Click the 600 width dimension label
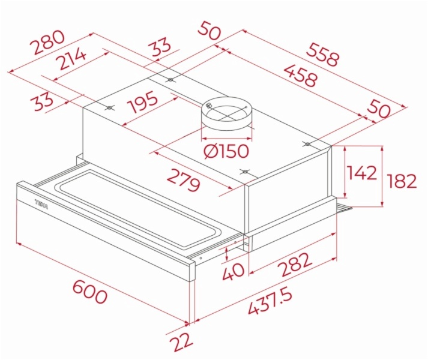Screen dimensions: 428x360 pyautogui.click(x=89, y=292)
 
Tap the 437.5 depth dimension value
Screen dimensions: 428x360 pyautogui.click(x=270, y=302)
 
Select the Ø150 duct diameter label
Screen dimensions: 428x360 pyautogui.click(x=226, y=151)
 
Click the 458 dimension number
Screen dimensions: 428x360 pyautogui.click(x=301, y=75)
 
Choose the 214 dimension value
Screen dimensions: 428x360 pyautogui.click(x=72, y=58)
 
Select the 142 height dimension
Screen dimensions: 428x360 pyautogui.click(x=362, y=172)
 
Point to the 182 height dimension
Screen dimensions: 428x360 pyautogui.click(x=402, y=181)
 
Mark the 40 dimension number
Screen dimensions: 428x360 pyautogui.click(x=233, y=272)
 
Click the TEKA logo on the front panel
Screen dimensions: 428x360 pyautogui.click(x=41, y=205)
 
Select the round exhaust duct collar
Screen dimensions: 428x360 pyautogui.click(x=227, y=113)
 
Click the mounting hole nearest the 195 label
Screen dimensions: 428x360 pyautogui.click(x=109, y=108)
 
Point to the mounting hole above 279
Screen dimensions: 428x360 pyautogui.click(x=245, y=172)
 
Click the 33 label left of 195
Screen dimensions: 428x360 pyautogui.click(x=43, y=101)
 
